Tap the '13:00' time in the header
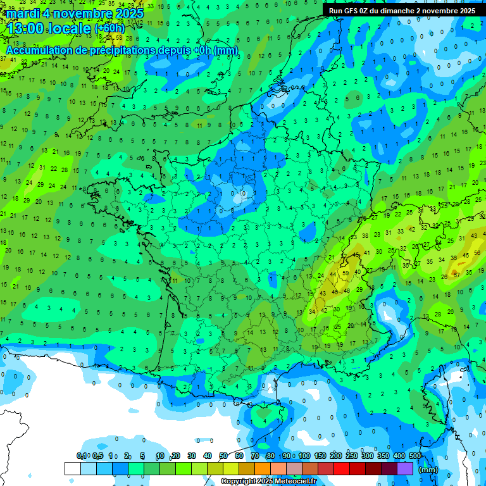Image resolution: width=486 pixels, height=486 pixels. (x=25, y=28)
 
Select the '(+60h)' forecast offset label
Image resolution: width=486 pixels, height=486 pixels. (x=109, y=28)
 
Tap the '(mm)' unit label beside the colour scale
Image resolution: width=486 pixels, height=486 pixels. (x=428, y=470)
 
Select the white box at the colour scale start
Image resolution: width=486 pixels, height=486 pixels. (x=72, y=468)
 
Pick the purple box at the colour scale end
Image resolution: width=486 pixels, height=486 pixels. (x=405, y=468)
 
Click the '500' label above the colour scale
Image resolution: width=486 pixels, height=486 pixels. (x=415, y=456)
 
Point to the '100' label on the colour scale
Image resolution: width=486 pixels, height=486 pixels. (x=304, y=456)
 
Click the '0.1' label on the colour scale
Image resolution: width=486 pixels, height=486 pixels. (x=82, y=456)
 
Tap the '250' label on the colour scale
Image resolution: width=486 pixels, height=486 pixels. (x=352, y=456)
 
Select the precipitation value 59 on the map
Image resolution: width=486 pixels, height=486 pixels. (x=345, y=273)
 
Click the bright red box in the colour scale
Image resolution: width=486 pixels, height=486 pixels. (x=342, y=468)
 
